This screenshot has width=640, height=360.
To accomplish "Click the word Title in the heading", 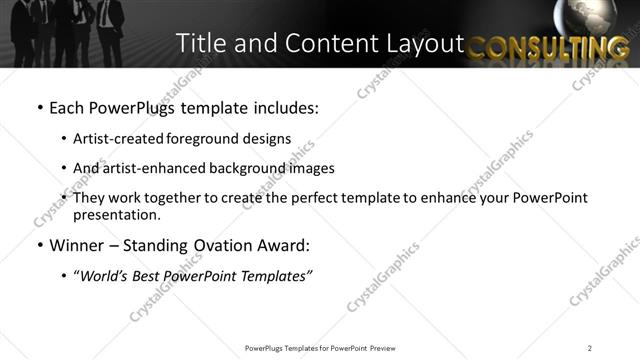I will tap(197, 43).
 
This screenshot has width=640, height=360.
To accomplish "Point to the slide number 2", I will tap(590, 348).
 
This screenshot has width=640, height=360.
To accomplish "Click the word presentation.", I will tap(115, 214).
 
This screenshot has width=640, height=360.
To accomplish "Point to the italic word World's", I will tap(104, 276).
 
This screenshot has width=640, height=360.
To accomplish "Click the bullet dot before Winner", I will tap(39, 246).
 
